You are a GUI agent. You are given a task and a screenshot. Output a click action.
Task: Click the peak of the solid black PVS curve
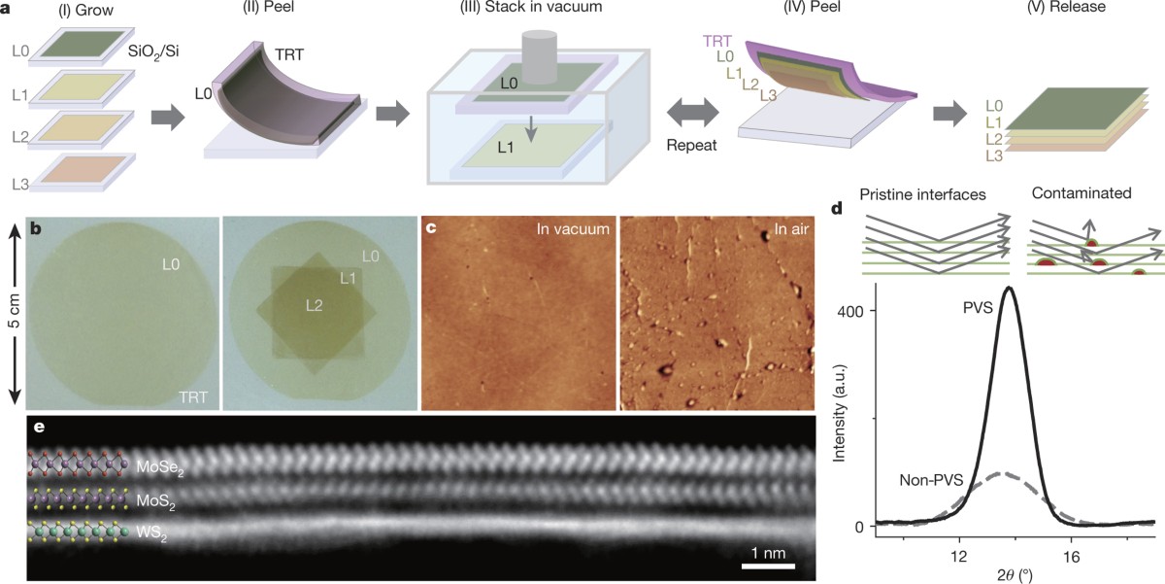pyautogui.click(x=1010, y=288)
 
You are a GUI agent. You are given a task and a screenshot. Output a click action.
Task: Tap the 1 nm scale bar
pyautogui.click(x=769, y=564)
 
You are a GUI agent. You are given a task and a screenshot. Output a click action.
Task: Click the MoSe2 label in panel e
pyautogui.click(x=160, y=467)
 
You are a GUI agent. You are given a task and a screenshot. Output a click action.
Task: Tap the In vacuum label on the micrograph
pyautogui.click(x=572, y=230)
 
